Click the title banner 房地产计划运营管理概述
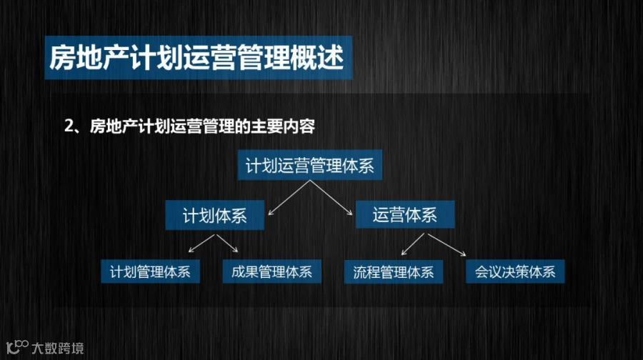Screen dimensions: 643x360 198,57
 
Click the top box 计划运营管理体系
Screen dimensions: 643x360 309,165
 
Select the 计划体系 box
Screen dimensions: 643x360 214,215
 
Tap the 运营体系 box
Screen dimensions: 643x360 405,214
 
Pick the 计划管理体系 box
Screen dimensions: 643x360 151,271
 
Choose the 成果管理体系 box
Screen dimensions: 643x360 272,271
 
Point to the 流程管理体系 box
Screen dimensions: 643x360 393,272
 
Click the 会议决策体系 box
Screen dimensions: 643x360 515,271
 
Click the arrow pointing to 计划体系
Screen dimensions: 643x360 289,198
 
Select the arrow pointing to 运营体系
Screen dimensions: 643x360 332,198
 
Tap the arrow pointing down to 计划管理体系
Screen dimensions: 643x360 201,244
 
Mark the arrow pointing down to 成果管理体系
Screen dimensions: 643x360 227,243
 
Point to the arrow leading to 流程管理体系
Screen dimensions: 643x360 412,244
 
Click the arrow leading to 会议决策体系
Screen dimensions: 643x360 447,245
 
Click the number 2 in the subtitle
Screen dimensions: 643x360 69,126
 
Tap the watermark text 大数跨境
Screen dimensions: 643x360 58,348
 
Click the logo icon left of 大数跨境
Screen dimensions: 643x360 17,347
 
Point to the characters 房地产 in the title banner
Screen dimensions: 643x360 89,57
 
